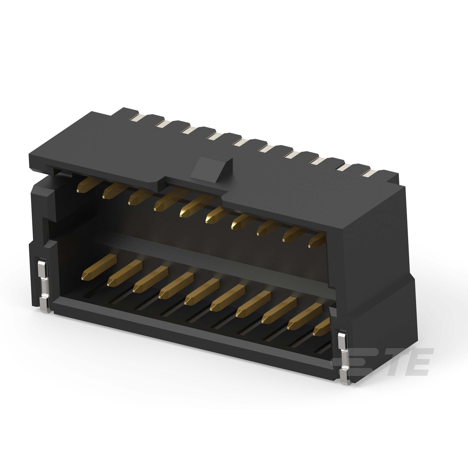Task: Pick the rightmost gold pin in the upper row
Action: (x=317, y=240)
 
